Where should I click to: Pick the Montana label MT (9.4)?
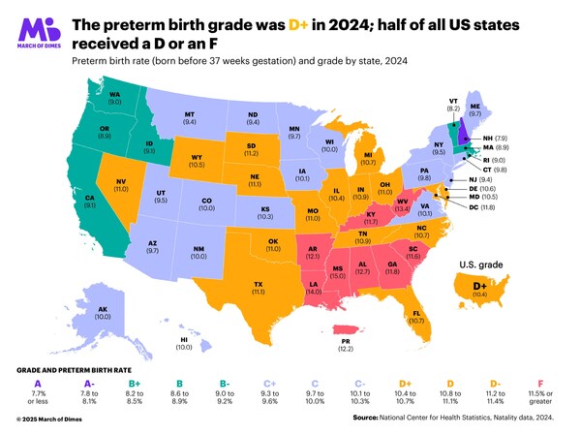[190, 119]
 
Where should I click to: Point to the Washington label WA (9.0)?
[114, 98]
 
